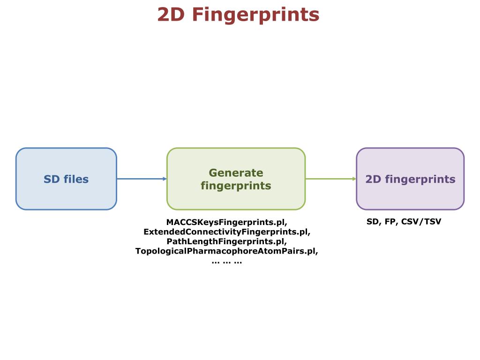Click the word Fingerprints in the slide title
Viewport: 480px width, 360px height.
(x=255, y=15)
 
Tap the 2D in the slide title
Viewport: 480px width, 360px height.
(x=171, y=15)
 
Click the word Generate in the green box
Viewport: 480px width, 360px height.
(x=236, y=173)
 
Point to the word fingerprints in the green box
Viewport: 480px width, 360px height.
(x=236, y=186)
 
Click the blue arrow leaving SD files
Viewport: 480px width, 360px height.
(x=141, y=179)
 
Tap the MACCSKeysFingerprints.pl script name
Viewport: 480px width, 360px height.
(x=226, y=222)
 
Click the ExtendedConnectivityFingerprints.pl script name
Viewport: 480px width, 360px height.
(x=227, y=232)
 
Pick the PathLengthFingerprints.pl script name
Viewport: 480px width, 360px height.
(x=226, y=241)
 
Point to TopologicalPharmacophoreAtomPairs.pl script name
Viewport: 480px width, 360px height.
(x=227, y=251)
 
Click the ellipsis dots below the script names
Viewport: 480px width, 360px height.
(x=227, y=262)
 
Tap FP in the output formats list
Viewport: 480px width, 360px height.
(x=390, y=222)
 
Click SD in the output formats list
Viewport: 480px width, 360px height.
(x=373, y=222)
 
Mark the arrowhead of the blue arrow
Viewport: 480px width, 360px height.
(x=165, y=179)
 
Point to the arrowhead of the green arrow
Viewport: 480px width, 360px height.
(x=354, y=179)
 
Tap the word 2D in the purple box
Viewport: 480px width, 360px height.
(x=373, y=179)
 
